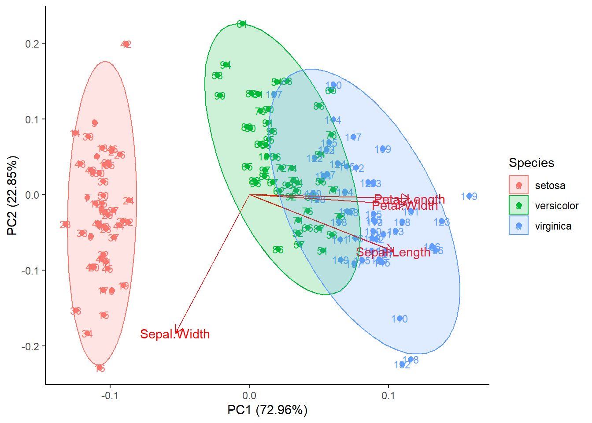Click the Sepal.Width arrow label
click(175, 334)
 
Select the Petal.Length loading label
click(409, 200)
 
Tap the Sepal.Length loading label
click(393, 252)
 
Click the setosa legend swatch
click(518, 185)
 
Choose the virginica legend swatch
click(518, 226)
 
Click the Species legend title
click(531, 163)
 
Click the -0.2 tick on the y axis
click(31, 346)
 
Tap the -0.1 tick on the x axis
click(110, 396)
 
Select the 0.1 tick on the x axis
click(388, 396)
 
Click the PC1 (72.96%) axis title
click(267, 410)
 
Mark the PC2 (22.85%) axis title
click(12, 195)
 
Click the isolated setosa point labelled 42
click(126, 44)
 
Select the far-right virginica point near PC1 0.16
click(470, 196)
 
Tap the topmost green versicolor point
click(242, 24)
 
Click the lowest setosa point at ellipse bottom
click(100, 367)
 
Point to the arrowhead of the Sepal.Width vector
click(176, 332)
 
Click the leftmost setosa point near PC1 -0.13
click(65, 225)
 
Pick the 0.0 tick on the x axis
click(249, 396)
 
